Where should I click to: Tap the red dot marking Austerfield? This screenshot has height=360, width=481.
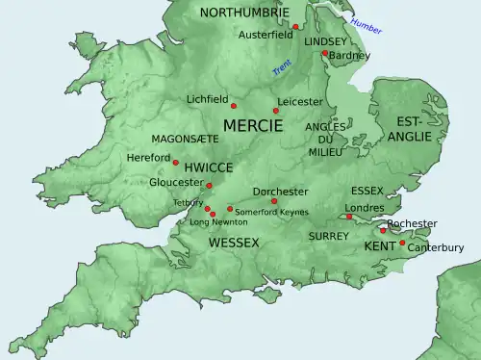[296, 27]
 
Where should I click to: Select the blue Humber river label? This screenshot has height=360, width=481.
[366, 25]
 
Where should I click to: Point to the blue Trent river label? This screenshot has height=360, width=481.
[281, 67]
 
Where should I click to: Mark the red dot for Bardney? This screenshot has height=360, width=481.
[325, 53]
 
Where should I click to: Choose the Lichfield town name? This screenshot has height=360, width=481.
[208, 99]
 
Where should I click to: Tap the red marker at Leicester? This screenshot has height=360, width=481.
[276, 111]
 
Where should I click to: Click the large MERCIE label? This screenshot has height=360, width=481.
[253, 126]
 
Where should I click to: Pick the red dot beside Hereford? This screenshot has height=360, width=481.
[175, 162]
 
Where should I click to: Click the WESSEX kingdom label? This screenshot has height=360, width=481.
[234, 243]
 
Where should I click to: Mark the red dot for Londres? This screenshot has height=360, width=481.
[349, 218]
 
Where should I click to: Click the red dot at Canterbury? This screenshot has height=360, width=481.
[402, 244]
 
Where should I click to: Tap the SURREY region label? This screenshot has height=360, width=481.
[328, 236]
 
